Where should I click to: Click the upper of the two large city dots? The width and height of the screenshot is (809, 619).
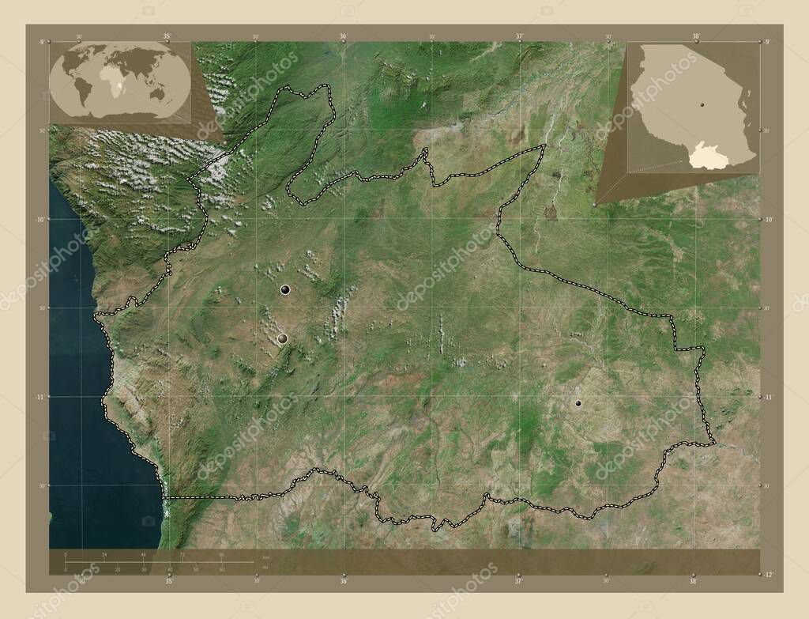click(284, 291)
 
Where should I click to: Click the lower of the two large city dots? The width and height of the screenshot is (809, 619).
click(282, 338)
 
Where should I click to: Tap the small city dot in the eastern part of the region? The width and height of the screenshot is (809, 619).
click(578, 403)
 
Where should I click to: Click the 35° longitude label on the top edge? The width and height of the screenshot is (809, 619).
click(167, 36)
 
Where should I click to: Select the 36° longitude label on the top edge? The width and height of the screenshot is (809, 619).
click(343, 36)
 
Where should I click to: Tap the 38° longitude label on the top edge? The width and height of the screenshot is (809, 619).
click(694, 36)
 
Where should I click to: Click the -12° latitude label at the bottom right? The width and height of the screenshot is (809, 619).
click(768, 573)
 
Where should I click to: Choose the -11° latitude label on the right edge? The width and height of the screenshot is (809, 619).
click(768, 396)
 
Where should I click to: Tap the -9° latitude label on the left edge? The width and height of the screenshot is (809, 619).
click(40, 41)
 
